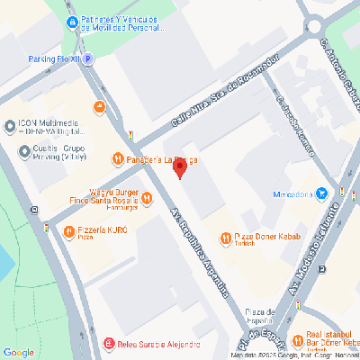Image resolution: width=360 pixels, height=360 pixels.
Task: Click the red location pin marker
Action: tap(179, 167)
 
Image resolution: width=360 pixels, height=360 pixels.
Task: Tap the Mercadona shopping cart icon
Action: tap(321, 193)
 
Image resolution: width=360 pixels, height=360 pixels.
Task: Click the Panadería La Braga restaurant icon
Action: tap(117, 159)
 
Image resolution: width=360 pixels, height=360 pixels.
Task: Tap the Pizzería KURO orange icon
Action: tap(69, 232)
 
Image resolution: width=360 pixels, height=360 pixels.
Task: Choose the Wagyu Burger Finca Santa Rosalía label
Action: tap(111, 196)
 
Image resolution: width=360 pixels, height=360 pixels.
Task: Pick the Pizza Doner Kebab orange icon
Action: tap(226, 238)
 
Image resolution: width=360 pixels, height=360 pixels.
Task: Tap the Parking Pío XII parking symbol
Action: tap(88, 58)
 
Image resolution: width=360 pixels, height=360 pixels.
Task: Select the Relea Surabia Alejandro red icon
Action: tap(109, 343)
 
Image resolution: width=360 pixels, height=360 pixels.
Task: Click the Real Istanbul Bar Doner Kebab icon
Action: tap(298, 339)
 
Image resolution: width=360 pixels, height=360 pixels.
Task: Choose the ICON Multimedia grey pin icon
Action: tap(9, 125)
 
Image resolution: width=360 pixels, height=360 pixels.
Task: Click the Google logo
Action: tap(18, 352)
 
